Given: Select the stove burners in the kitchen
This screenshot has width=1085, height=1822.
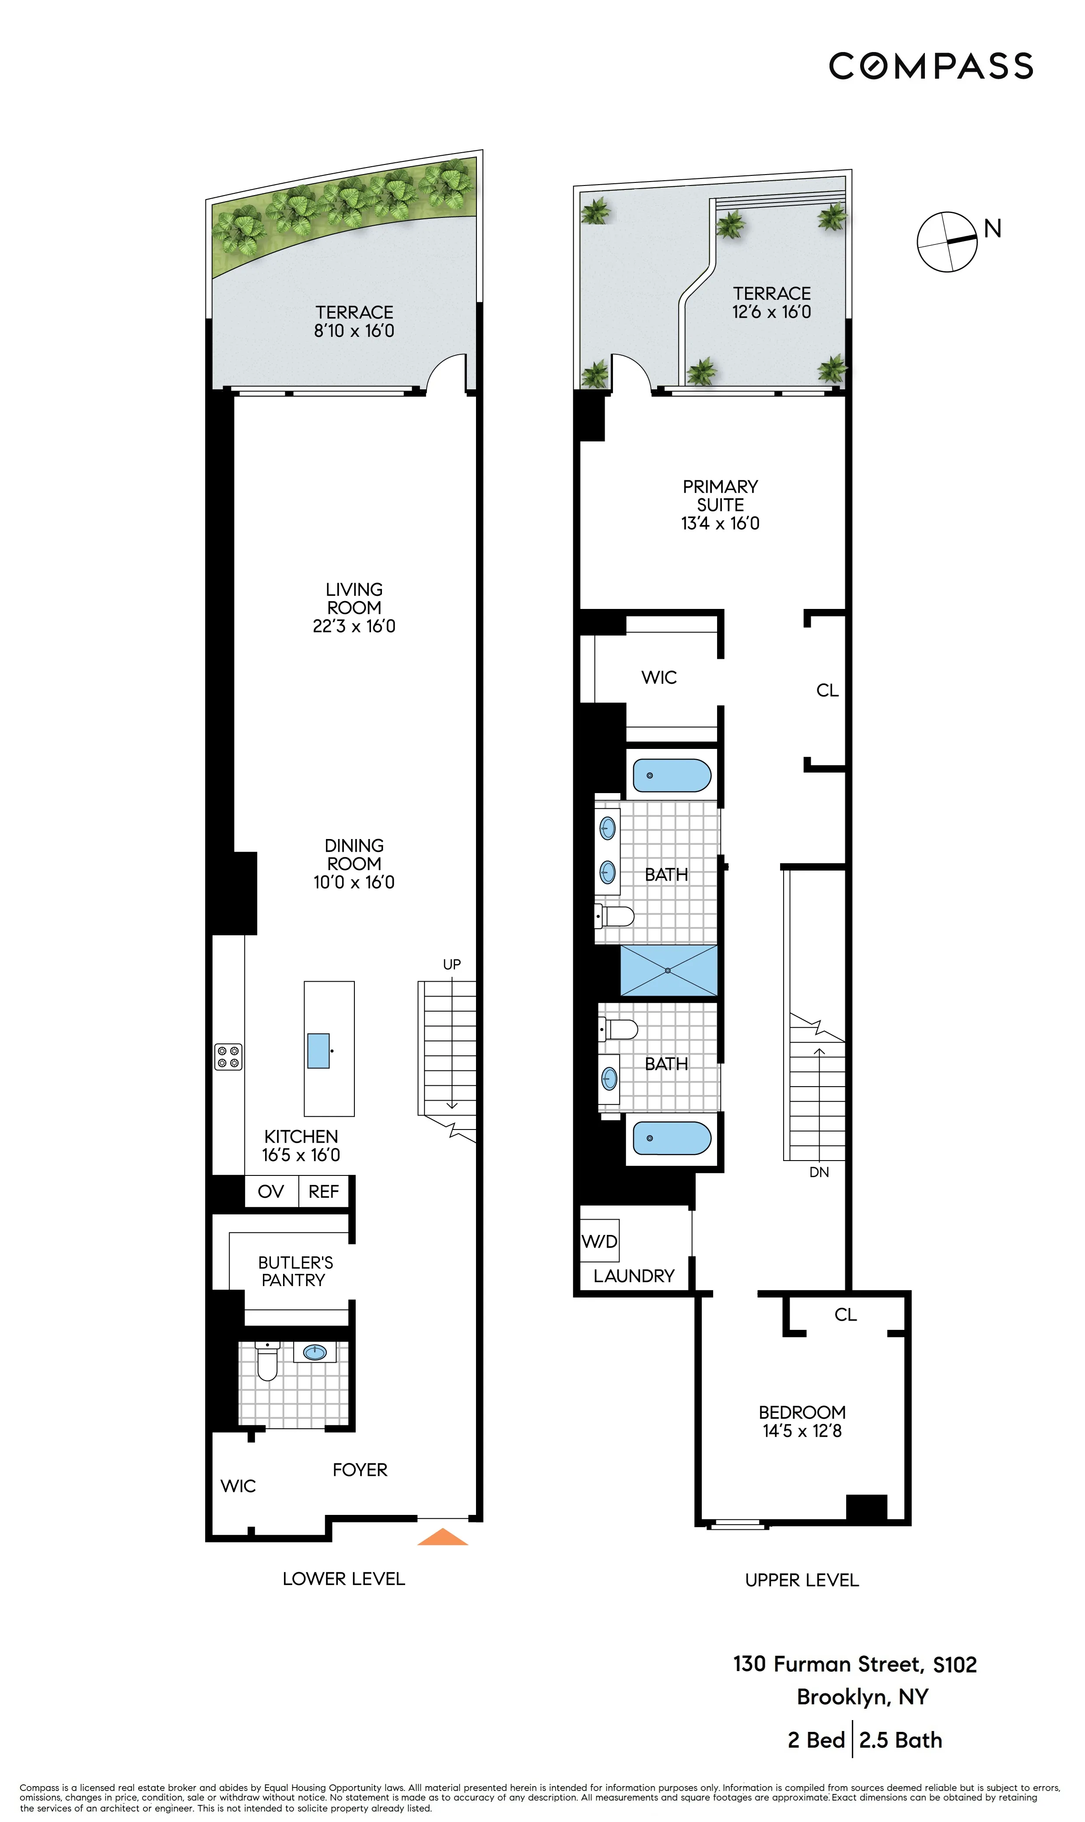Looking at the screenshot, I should coord(228,1057).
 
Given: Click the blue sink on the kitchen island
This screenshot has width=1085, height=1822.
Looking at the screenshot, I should coord(318,1050).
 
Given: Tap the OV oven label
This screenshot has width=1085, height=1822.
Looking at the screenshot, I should coord(270,1191).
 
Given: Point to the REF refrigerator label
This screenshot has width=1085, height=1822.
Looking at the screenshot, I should coord(323,1191).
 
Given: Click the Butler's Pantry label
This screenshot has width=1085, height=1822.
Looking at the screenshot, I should coord(294,1271).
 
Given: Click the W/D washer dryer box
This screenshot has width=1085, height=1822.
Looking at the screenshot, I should coord(599,1240).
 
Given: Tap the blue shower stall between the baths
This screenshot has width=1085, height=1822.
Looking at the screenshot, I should coord(668,970).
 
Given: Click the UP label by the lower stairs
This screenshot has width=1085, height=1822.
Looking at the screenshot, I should coord(452,964).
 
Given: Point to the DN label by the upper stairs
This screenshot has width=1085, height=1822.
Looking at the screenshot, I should coord(819,1172).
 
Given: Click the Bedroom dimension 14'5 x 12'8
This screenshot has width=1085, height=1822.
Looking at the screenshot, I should coord(802,1431).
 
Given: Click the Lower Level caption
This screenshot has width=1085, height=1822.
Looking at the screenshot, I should coord(343,1579).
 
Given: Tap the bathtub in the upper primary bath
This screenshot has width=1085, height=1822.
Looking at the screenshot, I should coord(671,775).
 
